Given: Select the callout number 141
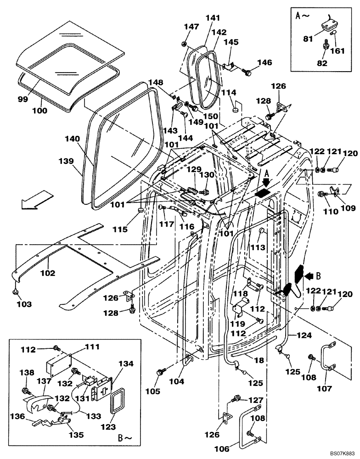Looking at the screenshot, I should (x=213, y=18).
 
